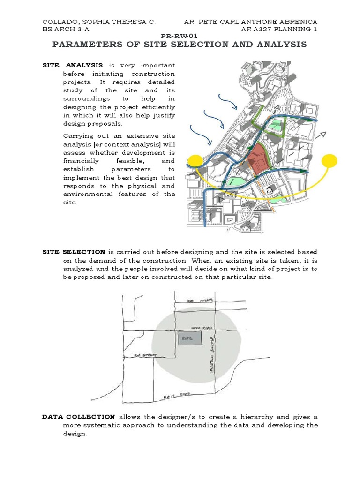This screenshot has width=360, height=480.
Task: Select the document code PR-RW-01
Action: [180, 36]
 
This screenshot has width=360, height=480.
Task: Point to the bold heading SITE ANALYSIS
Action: [73, 65]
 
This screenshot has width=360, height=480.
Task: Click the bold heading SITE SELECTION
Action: [74, 252]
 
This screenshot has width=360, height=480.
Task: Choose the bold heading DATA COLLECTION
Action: [78, 417]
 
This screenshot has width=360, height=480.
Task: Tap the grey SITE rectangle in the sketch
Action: [190, 338]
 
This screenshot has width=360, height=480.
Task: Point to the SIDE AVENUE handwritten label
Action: [200, 300]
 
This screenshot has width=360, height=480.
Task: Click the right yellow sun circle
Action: [330, 161]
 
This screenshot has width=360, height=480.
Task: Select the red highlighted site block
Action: [257, 158]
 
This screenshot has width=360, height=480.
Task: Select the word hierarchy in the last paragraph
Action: [252, 417]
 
